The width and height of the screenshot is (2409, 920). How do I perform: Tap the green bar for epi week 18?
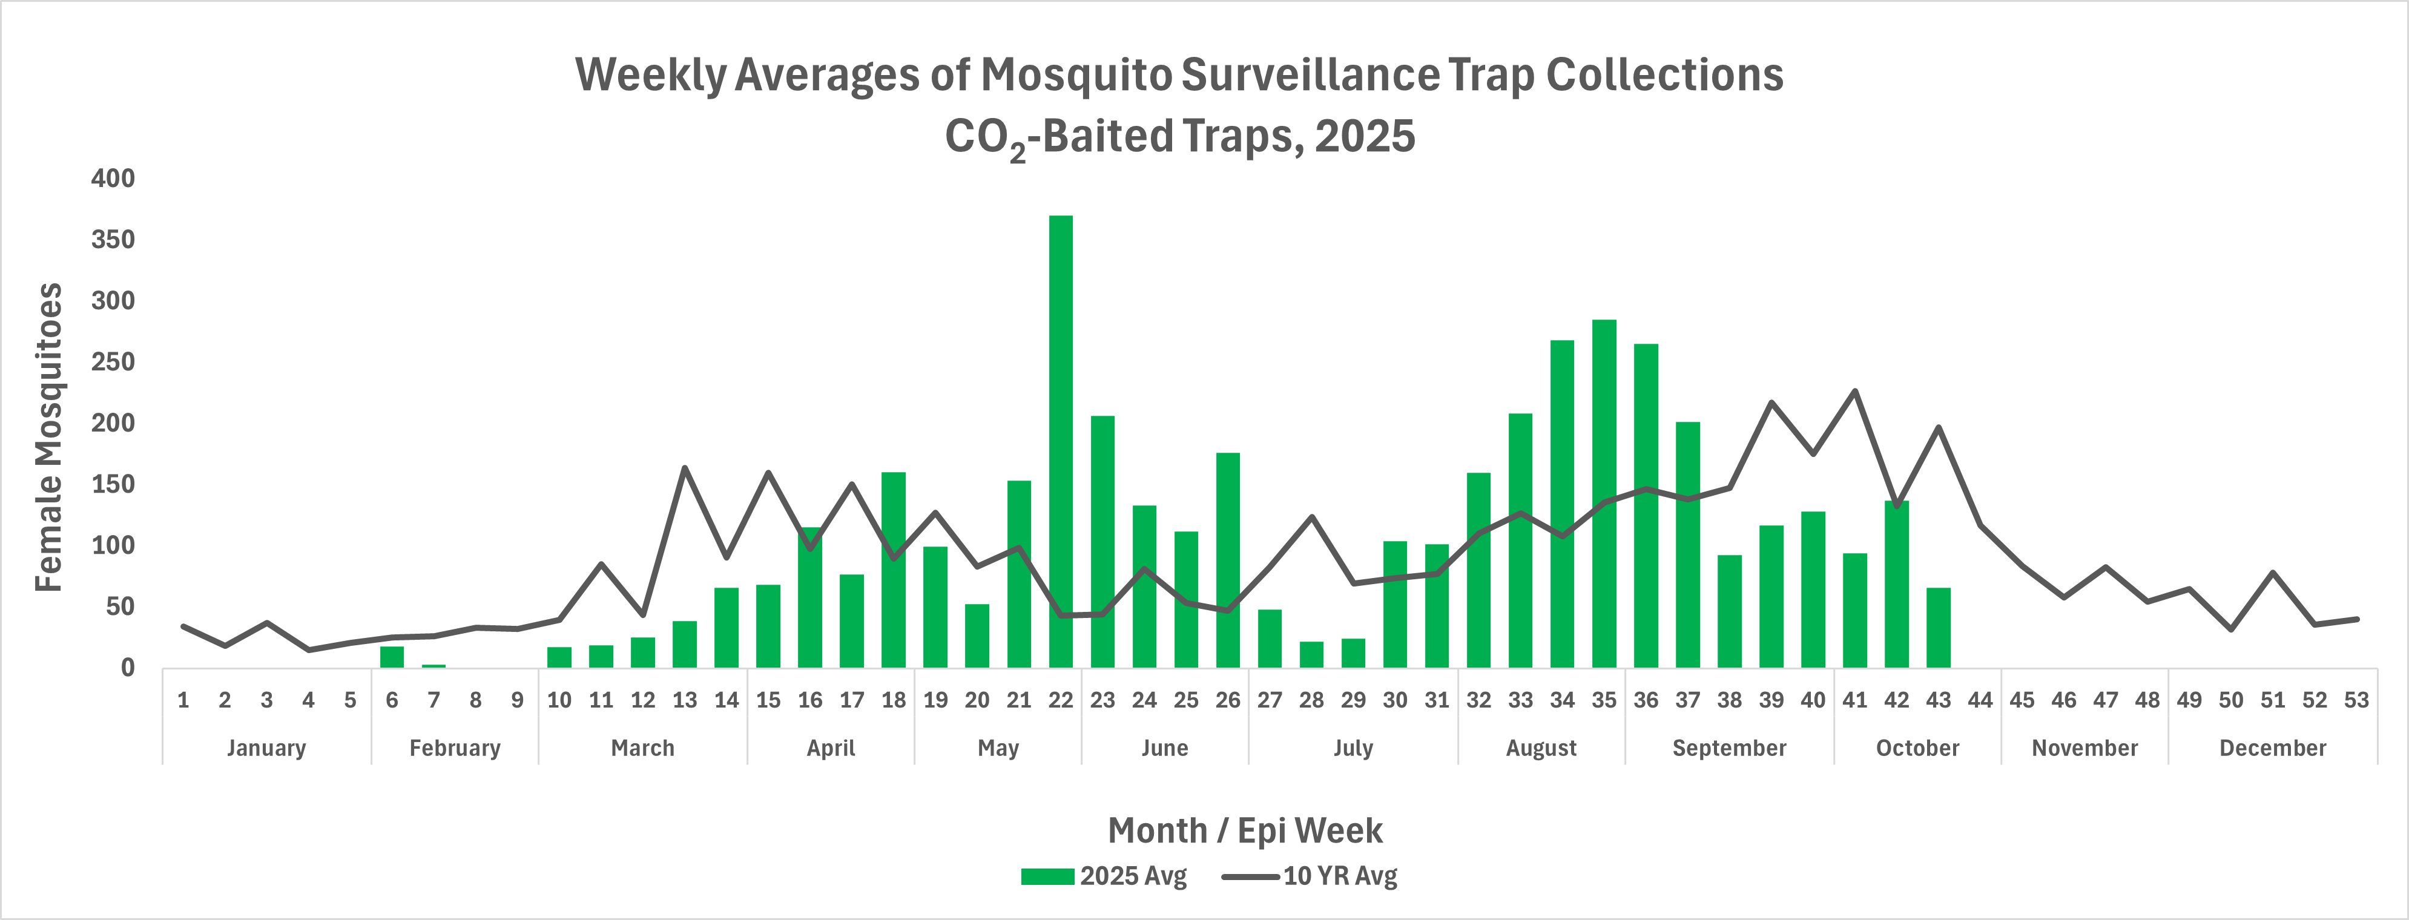point(893,570)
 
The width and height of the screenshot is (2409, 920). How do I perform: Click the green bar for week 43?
point(1939,628)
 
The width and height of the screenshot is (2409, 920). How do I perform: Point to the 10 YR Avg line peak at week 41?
point(1854,391)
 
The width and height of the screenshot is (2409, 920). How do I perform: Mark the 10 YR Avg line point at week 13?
point(685,467)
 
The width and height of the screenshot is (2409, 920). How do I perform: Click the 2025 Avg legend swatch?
point(1046,876)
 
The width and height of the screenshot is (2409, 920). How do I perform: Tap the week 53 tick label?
point(2356,700)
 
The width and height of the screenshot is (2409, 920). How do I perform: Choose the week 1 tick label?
point(183,700)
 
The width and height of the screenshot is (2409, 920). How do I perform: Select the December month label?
point(2272,748)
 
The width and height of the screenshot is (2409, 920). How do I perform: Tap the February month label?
point(455,748)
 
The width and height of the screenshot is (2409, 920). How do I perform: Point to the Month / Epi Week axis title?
point(1245,830)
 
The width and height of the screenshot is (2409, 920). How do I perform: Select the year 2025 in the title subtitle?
point(1365,137)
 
